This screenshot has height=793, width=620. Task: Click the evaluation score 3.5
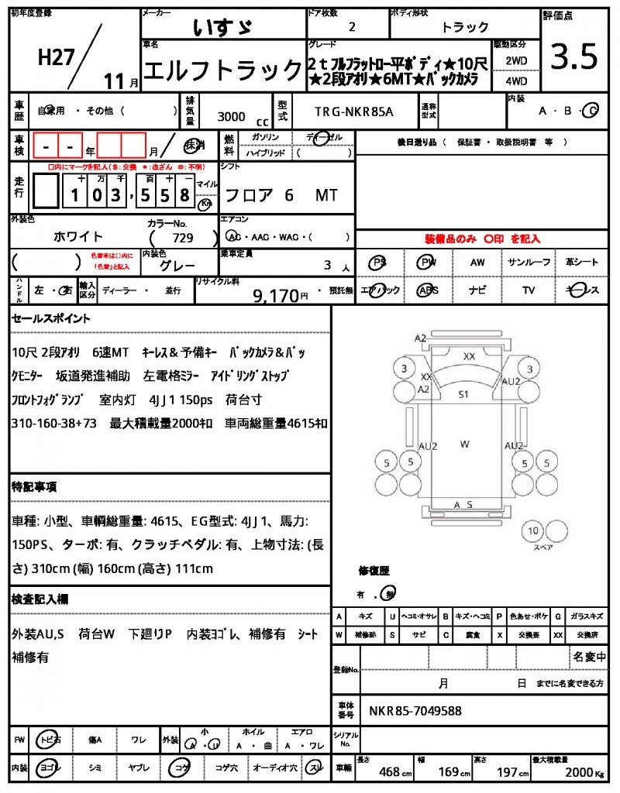click(574, 57)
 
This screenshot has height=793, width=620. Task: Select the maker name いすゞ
click(222, 26)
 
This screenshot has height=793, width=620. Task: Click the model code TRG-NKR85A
click(353, 112)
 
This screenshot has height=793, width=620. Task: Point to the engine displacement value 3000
click(231, 116)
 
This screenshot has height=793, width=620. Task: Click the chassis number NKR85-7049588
click(415, 710)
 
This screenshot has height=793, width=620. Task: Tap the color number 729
click(183, 239)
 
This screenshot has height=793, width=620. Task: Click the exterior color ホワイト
click(78, 236)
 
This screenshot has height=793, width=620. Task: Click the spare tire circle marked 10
click(532, 531)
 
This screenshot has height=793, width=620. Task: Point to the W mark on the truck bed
click(464, 444)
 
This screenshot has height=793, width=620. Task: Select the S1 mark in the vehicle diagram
click(463, 394)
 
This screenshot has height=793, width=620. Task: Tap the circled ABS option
click(427, 290)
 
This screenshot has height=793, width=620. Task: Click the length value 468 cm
click(389, 772)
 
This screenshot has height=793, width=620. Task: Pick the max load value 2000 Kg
click(580, 772)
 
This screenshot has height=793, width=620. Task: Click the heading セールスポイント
click(50, 318)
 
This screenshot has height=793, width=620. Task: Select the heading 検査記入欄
click(40, 599)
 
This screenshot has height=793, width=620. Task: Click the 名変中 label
click(590, 657)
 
